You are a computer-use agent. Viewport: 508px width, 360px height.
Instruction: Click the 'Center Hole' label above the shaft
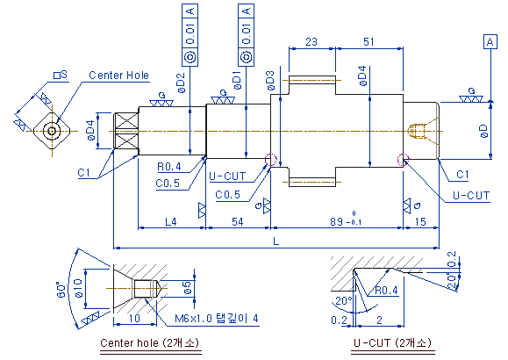click(118, 76)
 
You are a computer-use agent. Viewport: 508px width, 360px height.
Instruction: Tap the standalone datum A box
click(490, 42)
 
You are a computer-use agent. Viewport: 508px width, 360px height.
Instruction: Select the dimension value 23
click(311, 42)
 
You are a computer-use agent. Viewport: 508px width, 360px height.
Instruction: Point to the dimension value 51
click(368, 42)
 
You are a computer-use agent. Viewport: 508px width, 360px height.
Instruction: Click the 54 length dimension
click(238, 222)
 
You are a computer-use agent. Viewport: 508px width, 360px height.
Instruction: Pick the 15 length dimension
click(420, 222)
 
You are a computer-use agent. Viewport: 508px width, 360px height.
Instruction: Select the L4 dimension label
click(171, 222)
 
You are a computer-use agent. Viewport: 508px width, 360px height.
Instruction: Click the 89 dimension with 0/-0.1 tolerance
click(346, 220)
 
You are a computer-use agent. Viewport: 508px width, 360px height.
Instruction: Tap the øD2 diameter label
click(182, 83)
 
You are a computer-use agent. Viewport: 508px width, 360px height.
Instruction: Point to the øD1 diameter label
click(237, 80)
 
